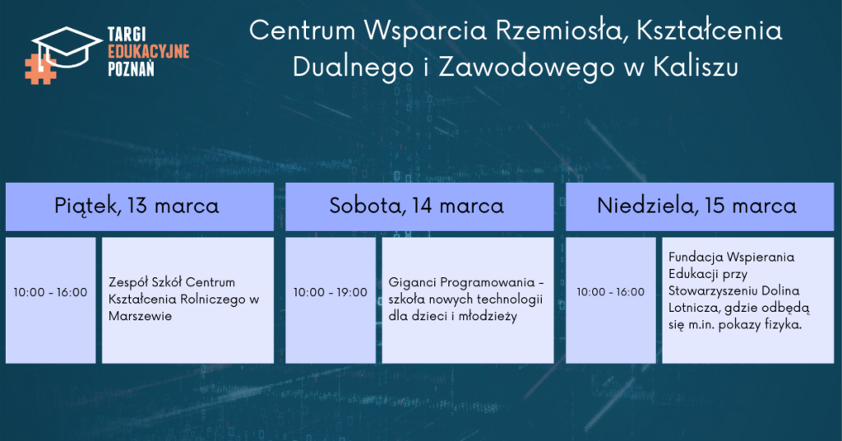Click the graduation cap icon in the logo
point(67,47)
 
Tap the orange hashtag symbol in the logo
point(40,69)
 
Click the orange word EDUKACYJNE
point(149,52)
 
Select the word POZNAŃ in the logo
point(131,69)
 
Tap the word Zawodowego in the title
point(526,68)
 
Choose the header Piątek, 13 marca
point(137,207)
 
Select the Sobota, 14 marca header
point(417,206)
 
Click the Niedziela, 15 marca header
point(696,206)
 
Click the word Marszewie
point(140,316)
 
